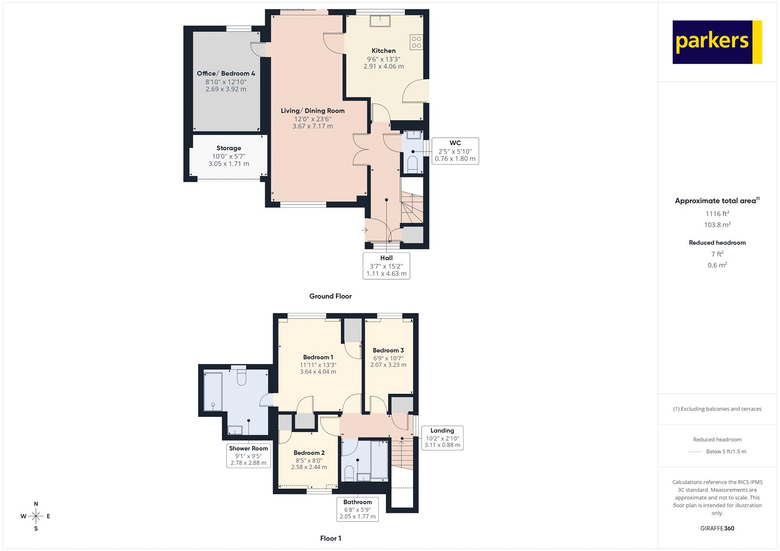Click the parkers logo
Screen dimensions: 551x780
[717, 42]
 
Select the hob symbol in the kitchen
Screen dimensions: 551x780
[416, 42]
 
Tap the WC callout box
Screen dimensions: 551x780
[455, 151]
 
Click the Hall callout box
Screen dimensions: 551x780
[386, 266]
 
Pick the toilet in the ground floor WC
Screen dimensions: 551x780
[412, 164]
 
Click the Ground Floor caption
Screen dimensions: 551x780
[330, 296]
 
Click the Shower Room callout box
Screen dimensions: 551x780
[249, 456]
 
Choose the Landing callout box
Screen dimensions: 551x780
[442, 437]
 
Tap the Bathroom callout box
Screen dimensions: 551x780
[357, 509]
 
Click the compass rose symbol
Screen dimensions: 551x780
[36, 516]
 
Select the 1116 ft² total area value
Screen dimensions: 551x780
[717, 213]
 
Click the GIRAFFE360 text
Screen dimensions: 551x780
[717, 528]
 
